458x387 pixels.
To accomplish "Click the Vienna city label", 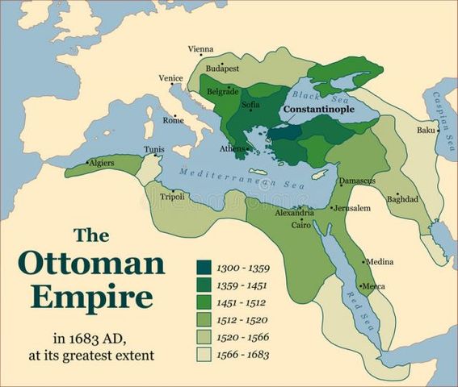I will (x=200, y=49).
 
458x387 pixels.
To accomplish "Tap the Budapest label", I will (x=223, y=69).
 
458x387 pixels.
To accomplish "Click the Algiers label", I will (x=101, y=163).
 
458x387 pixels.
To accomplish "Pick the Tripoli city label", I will (x=172, y=197).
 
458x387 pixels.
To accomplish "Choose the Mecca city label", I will (x=373, y=286).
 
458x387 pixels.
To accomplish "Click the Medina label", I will (x=379, y=262).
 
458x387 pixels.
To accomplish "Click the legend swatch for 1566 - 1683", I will (x=204, y=354).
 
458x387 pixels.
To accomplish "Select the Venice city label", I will (x=170, y=78).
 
